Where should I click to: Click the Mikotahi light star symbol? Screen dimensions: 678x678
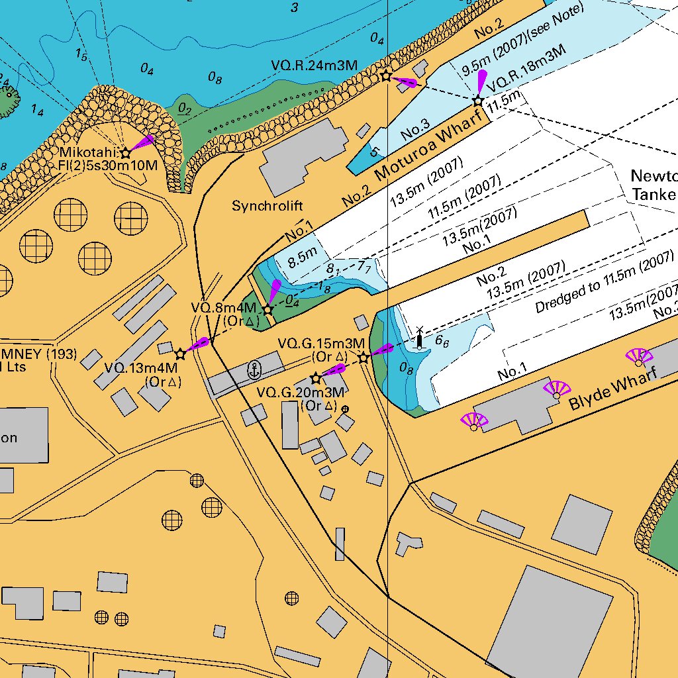[125, 154]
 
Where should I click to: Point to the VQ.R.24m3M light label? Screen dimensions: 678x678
[315, 66]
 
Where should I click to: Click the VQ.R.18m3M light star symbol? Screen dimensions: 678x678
[477, 101]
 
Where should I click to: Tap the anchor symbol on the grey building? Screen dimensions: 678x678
[253, 370]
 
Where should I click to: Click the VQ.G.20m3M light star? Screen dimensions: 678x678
[316, 379]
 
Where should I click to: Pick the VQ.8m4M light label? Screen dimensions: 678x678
[223, 308]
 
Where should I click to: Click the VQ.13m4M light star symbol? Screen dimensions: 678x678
[179, 354]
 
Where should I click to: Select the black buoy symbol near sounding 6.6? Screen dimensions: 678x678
[419, 340]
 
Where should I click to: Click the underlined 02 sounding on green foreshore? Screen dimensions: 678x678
[185, 109]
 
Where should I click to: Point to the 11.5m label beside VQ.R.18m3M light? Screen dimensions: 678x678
[505, 102]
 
